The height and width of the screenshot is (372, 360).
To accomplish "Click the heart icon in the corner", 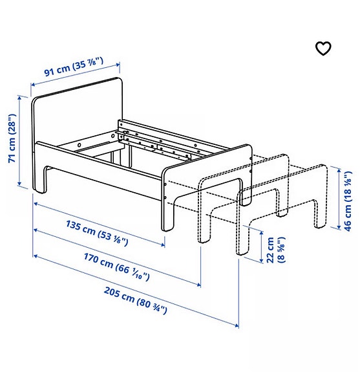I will point(323,49).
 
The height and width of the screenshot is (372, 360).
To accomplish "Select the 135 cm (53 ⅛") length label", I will point(98,233).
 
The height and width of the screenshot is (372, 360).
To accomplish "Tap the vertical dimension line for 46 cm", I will point(338,197).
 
